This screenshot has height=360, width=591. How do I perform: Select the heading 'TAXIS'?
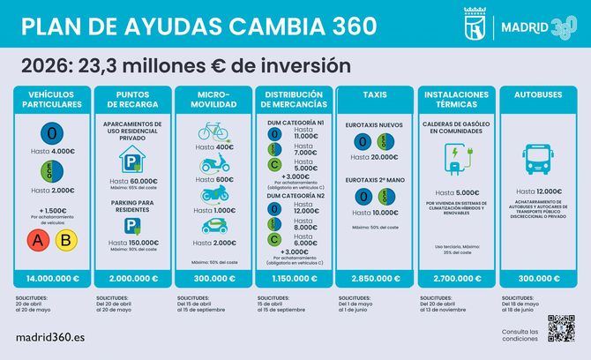click(x=370, y=93)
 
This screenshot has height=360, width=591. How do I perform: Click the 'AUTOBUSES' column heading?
click(x=532, y=93)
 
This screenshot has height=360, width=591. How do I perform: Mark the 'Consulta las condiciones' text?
click(x=519, y=334)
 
